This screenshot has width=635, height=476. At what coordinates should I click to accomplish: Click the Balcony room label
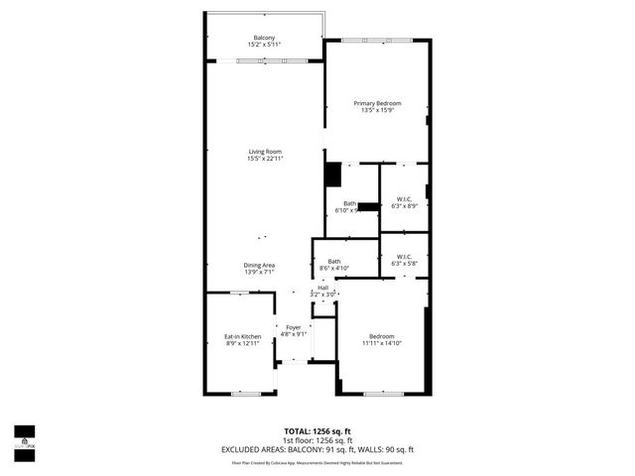point(264,38)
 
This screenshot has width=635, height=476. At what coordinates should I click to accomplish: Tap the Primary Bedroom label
point(376,102)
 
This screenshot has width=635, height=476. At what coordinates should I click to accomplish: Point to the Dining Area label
point(260,265)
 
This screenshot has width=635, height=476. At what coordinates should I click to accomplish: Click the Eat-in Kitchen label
point(242,337)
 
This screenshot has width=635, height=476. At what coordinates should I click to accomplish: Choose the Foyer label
point(293,327)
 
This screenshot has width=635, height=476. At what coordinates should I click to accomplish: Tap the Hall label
point(322,288)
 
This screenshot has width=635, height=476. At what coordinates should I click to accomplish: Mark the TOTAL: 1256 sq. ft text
point(317,430)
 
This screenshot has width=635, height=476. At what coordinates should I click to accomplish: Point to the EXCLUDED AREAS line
point(317,449)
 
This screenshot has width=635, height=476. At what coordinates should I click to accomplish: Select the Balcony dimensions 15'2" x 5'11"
point(264,45)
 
